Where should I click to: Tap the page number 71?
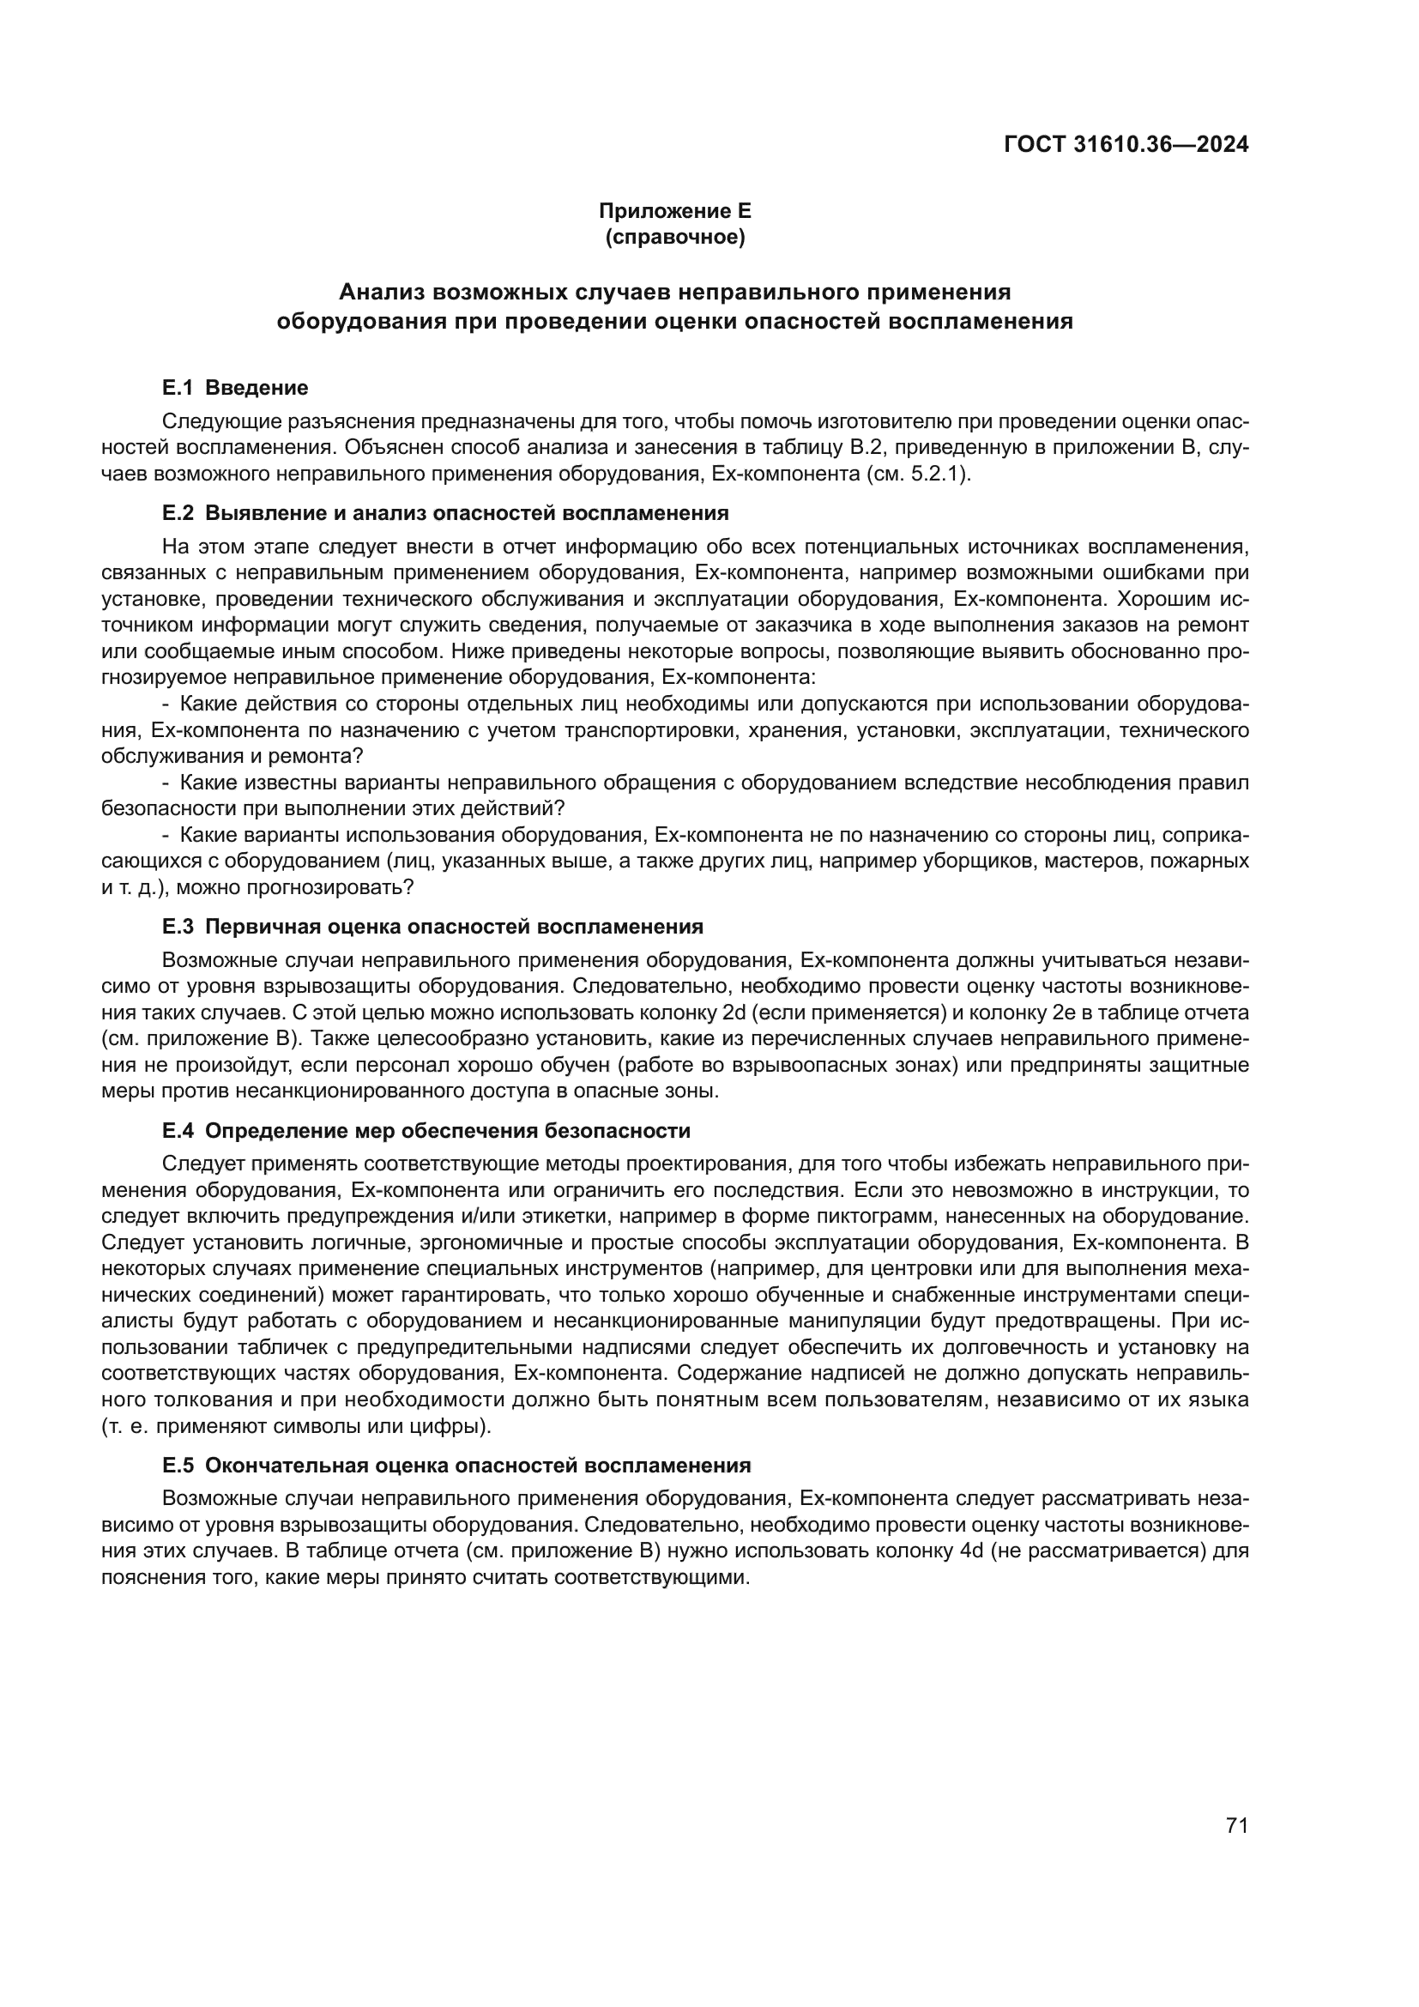coord(1236,1802)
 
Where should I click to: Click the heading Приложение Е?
coord(674,211)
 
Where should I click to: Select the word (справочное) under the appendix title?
coord(674,238)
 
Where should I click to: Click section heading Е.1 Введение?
coord(235,387)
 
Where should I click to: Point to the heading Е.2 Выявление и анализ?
coord(444,512)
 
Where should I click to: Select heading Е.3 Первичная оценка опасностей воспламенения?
coord(432,927)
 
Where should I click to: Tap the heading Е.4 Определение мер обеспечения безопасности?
coord(426,1131)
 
